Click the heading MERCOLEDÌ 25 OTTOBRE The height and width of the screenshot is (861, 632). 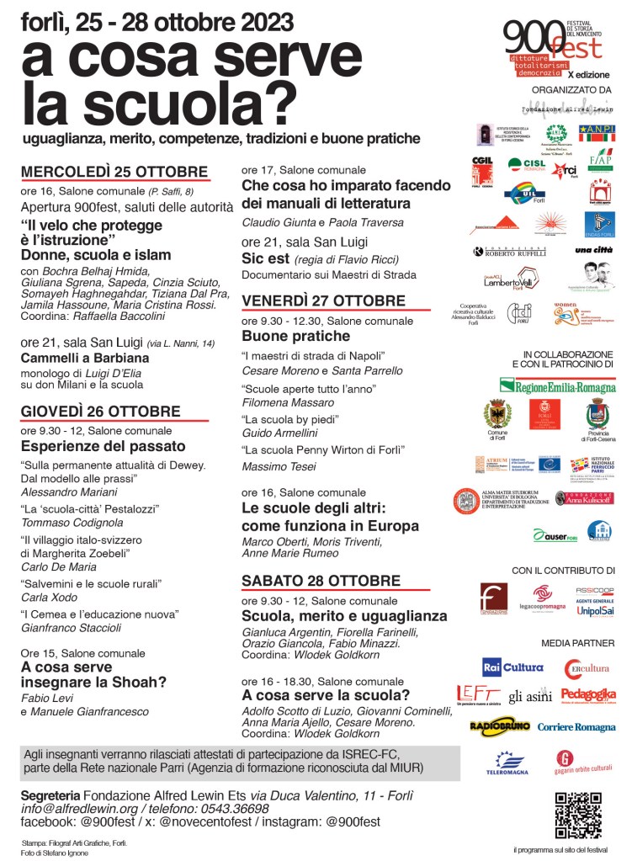pyautogui.click(x=114, y=172)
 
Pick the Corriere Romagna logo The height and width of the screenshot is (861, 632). pyautogui.click(x=576, y=726)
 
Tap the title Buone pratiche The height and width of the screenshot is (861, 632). pyautogui.click(x=284, y=336)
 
